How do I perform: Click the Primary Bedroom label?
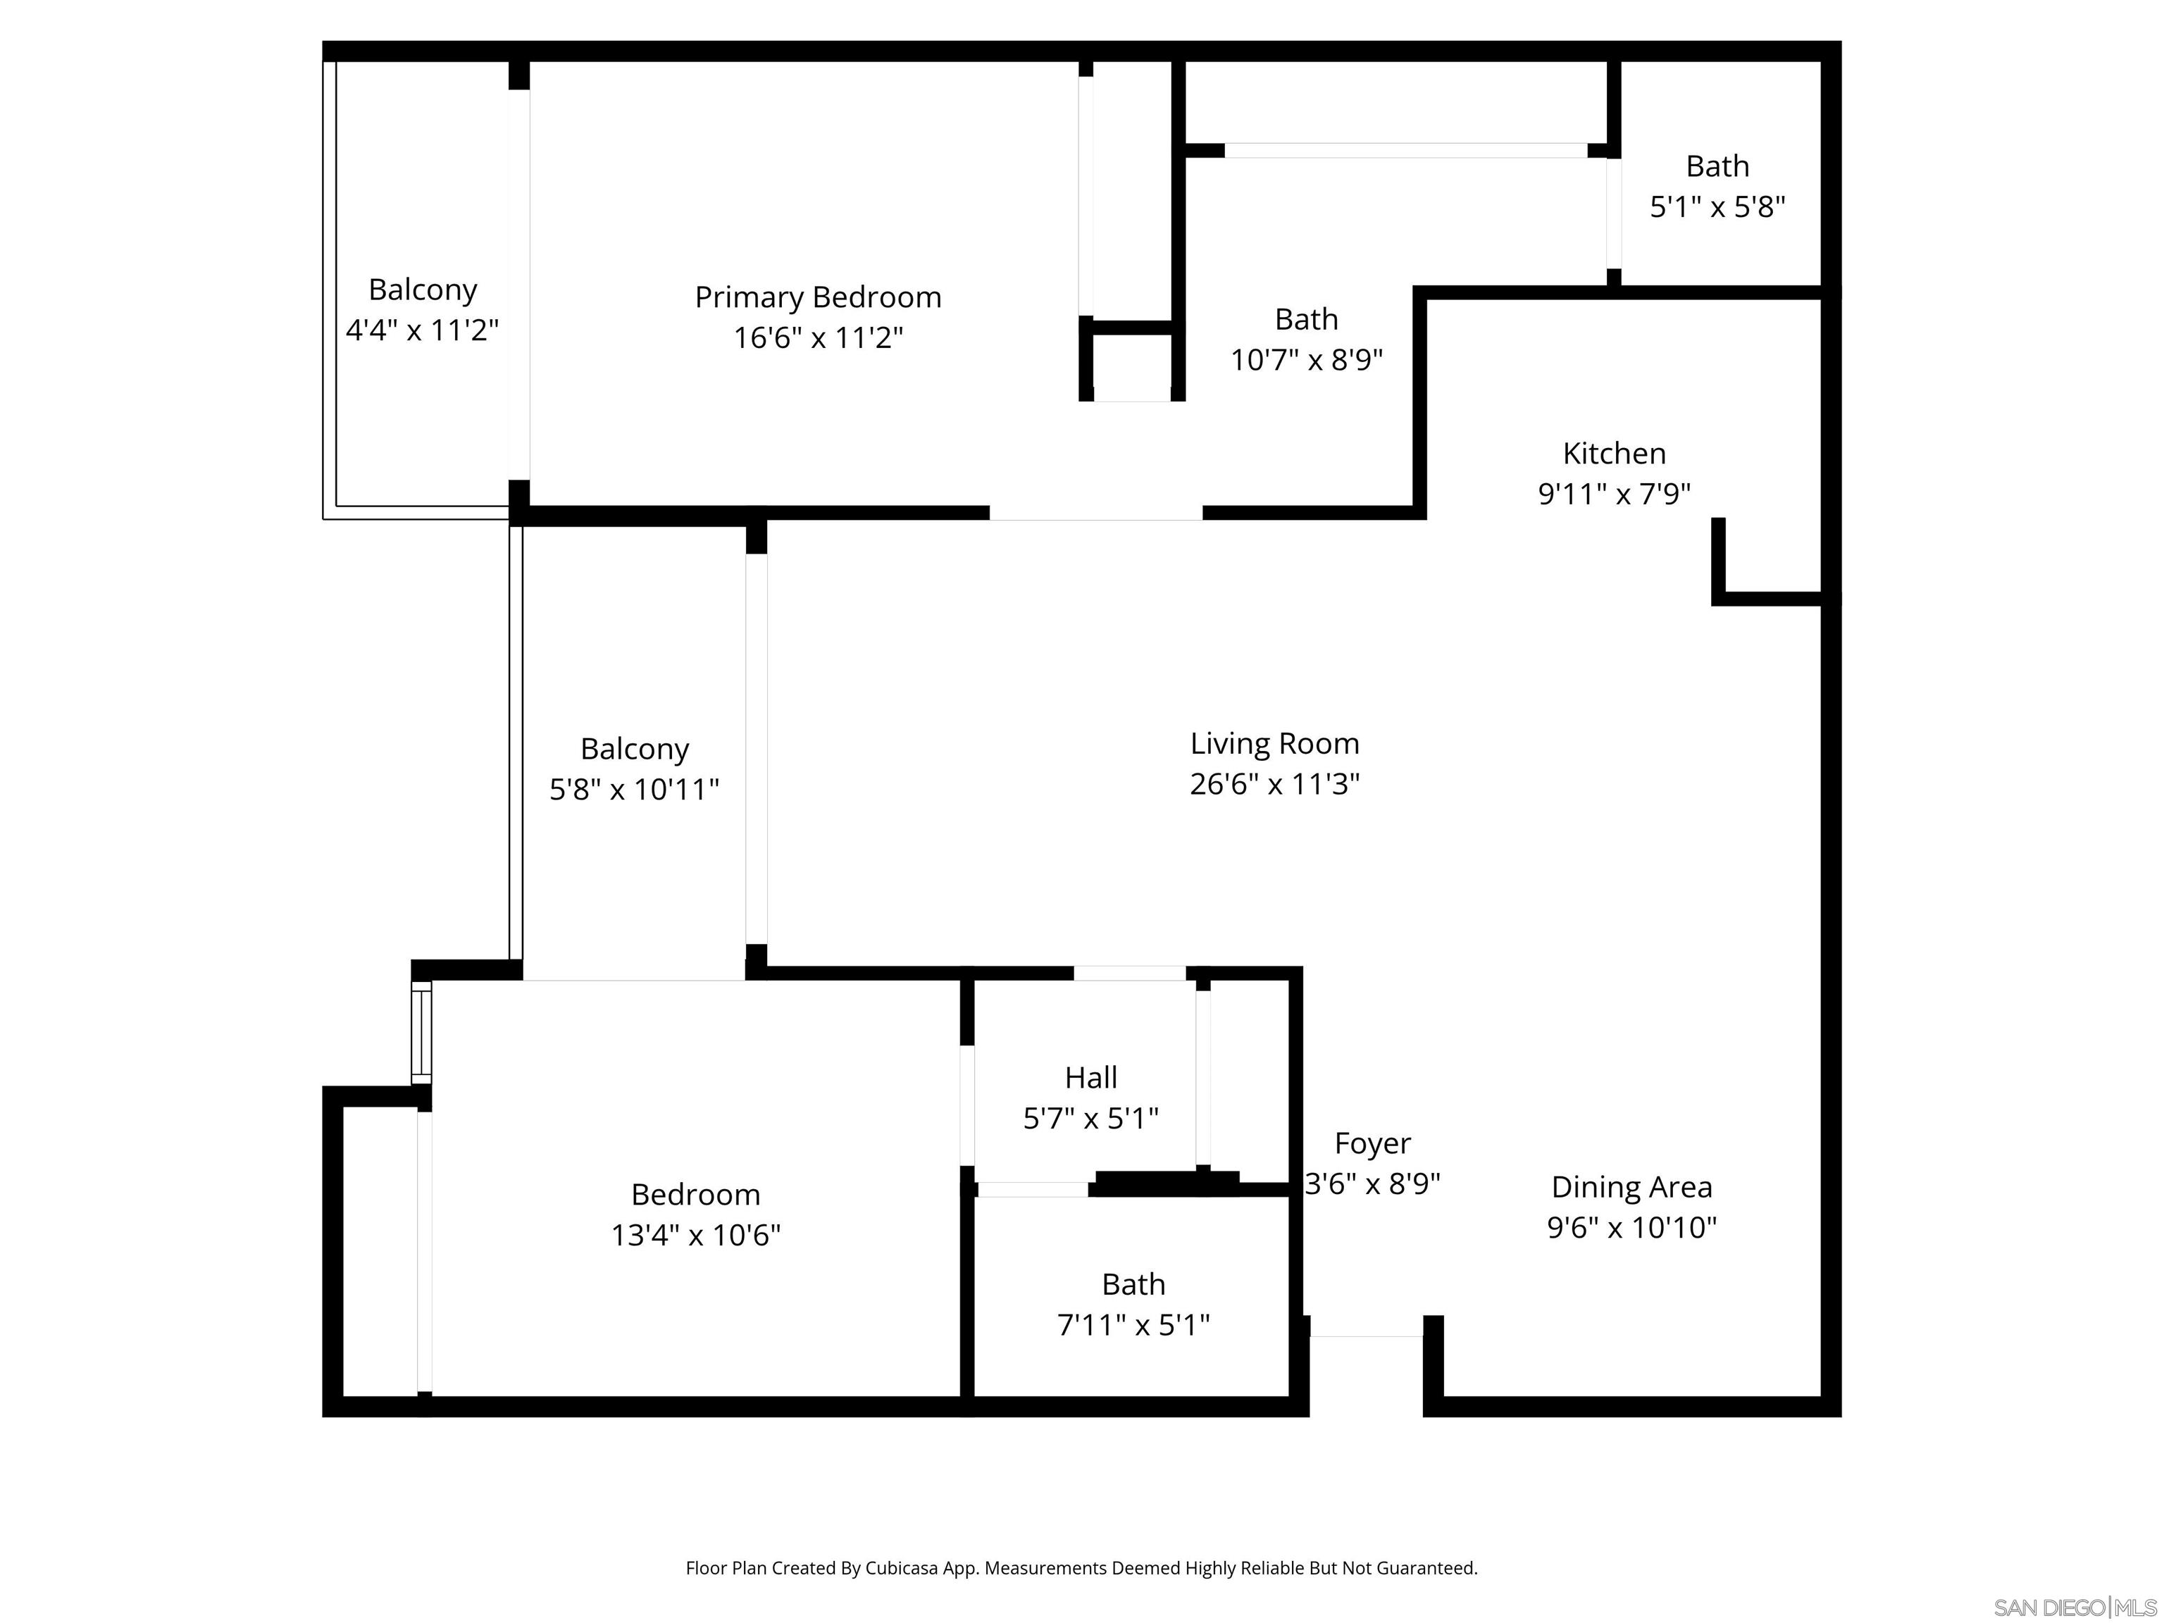(818, 297)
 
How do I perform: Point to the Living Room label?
(1274, 743)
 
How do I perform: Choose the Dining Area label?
(1631, 1187)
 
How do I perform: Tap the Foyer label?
(1372, 1143)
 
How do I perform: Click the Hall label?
(1090, 1078)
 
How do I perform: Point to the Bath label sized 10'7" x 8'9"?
(1305, 320)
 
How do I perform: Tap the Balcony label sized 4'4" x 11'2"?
(423, 290)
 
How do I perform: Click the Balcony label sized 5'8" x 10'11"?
(634, 750)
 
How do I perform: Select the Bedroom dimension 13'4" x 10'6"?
(695, 1236)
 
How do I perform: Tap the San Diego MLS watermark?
(2074, 1608)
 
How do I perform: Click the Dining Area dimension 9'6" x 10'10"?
(1631, 1228)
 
